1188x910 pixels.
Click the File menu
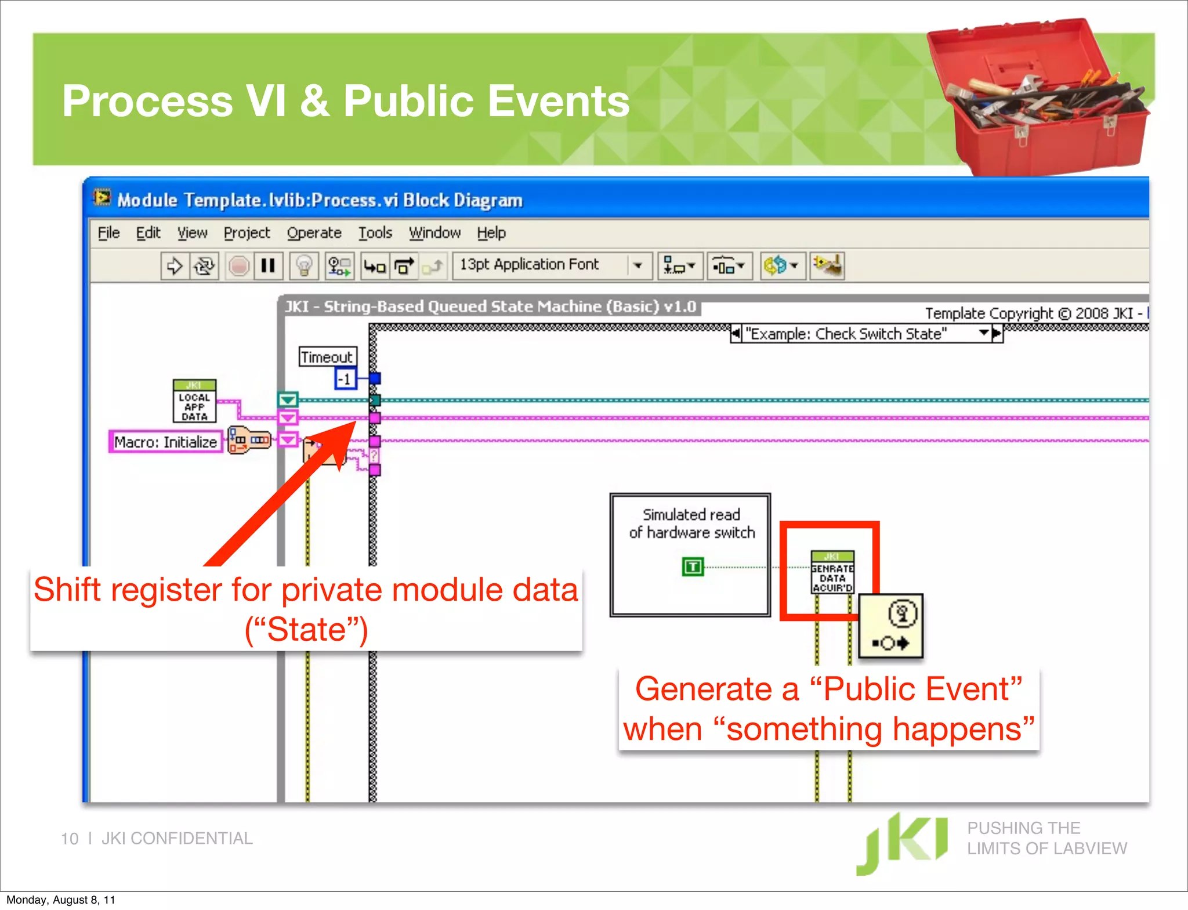(x=108, y=233)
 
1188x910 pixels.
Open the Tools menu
(x=375, y=233)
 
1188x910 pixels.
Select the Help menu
(x=491, y=233)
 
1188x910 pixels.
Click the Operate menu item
(x=314, y=233)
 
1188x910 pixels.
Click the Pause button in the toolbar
(x=268, y=266)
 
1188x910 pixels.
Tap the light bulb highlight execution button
(x=304, y=266)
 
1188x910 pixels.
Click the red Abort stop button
(x=238, y=266)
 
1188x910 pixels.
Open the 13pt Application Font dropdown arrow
(x=638, y=266)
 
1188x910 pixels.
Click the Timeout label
(x=327, y=357)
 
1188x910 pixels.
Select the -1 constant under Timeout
(x=345, y=379)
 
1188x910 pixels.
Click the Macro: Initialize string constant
(x=166, y=442)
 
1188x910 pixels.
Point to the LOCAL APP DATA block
(x=194, y=402)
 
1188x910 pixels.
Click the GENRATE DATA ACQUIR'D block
(x=832, y=573)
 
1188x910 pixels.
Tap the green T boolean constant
(x=693, y=566)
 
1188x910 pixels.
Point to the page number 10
(x=70, y=839)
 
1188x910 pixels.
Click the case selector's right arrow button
(x=997, y=334)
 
